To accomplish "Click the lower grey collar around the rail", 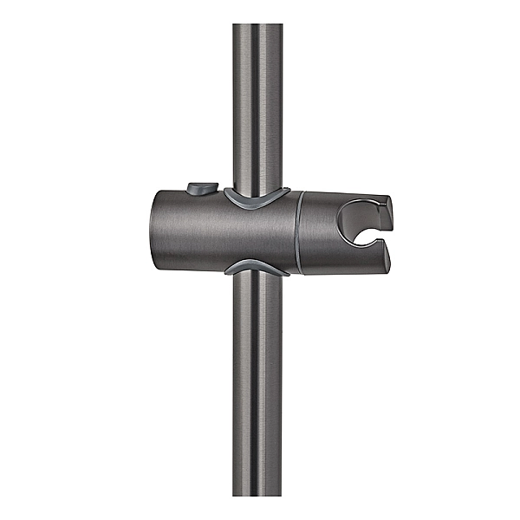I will coord(257,267).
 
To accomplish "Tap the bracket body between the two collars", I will coord(257,232).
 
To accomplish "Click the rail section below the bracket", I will coord(257,390).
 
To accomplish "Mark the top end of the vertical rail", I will coord(257,26).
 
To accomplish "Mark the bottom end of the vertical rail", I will coord(257,492).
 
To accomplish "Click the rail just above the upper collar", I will coord(257,173).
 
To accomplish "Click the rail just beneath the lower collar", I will coord(257,290).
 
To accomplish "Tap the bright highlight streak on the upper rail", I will coord(245,104).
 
